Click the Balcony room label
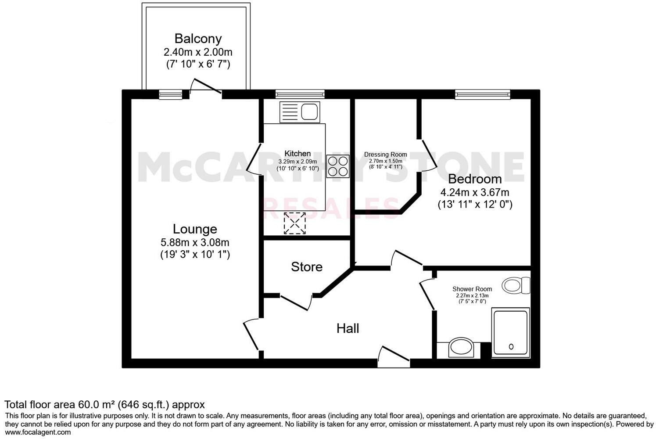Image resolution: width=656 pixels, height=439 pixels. [x=198, y=39]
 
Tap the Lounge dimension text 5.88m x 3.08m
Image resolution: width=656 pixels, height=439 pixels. [x=195, y=242]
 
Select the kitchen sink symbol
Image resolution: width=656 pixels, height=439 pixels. [x=300, y=112]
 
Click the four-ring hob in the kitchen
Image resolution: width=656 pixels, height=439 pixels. [x=337, y=166]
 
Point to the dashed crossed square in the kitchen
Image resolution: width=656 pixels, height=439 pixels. [x=294, y=223]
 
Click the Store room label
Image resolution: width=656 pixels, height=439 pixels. [x=307, y=267]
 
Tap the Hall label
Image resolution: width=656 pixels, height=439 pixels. [x=348, y=328]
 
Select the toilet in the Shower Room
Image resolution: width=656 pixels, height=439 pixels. [x=516, y=285]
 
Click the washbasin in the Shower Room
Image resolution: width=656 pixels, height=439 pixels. [x=460, y=347]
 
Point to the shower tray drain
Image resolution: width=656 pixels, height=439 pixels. [x=511, y=347]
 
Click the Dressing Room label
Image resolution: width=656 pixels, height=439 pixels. [x=385, y=155]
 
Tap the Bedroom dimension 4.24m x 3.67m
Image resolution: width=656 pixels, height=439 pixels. [x=475, y=192]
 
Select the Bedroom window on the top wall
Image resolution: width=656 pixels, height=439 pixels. [x=482, y=94]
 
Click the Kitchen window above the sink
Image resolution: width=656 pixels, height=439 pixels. [x=300, y=94]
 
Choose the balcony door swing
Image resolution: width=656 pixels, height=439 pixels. [x=206, y=87]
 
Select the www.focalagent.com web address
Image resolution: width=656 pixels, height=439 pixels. [x=38, y=432]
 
